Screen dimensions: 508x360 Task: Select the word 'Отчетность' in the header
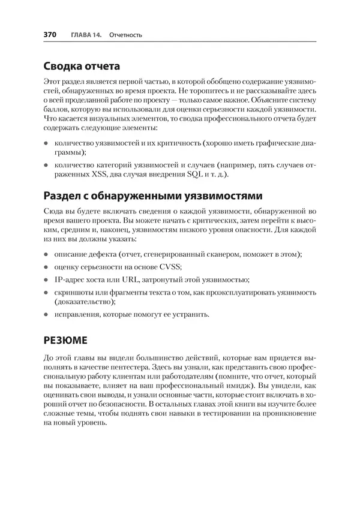(x=126, y=35)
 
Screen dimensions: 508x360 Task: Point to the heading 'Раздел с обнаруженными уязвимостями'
(x=152, y=196)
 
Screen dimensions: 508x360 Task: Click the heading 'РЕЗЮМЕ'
(x=65, y=339)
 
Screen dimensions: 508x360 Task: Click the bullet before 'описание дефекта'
(x=46, y=255)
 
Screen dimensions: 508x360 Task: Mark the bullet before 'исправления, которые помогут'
(x=46, y=314)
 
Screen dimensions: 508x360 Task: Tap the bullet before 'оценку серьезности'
(x=46, y=267)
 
